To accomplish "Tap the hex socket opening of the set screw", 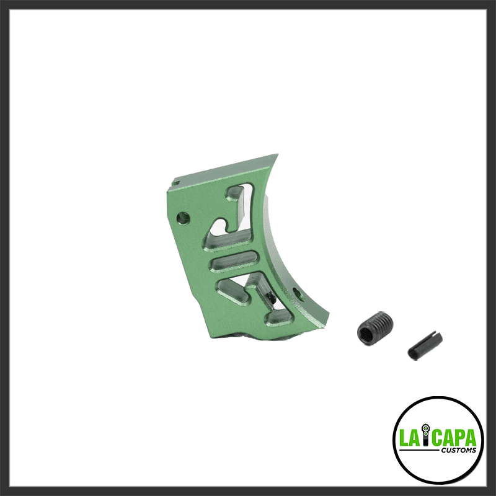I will click(x=366, y=334).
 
